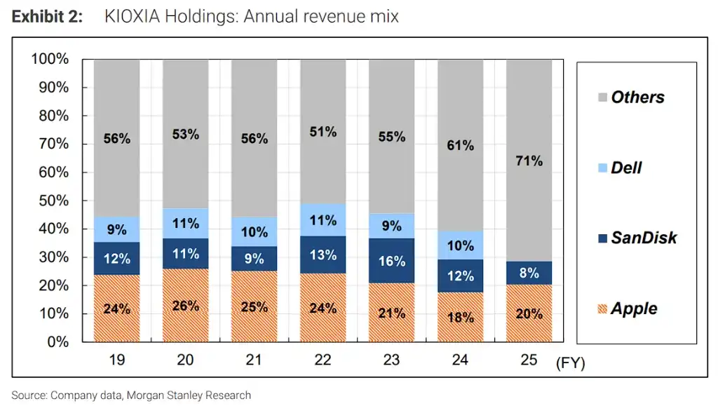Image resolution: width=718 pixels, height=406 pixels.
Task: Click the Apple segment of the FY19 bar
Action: pos(117,308)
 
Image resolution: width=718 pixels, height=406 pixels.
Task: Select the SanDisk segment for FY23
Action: pos(391,260)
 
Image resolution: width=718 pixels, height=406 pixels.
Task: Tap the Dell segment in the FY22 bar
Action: pos(323,220)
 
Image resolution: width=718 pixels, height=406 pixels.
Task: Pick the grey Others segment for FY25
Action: pos(529,161)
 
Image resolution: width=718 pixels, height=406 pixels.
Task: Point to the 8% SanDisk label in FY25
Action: pos(529,273)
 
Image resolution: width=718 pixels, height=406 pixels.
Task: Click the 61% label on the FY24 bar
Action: pos(460,146)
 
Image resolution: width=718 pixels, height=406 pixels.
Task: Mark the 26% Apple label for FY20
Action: pos(185,306)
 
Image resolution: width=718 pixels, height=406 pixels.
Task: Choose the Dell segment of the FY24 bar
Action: pos(460,245)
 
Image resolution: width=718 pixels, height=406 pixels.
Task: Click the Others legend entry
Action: pos(631,97)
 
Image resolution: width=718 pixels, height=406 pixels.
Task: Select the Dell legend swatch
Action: pos(602,168)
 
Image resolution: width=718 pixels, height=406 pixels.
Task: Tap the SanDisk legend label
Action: pos(644,238)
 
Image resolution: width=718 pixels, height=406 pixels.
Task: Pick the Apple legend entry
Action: pos(628,309)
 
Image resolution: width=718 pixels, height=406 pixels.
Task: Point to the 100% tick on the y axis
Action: pos(50,59)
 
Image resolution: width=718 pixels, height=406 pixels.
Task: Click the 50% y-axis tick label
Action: pos(53,201)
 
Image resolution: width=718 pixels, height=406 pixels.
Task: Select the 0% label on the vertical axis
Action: pos(57,341)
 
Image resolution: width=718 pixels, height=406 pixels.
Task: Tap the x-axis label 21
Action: pos(254,360)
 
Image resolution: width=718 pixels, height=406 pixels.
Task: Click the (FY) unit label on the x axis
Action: pos(571,363)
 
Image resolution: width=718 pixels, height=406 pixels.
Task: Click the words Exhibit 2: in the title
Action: pos(47,16)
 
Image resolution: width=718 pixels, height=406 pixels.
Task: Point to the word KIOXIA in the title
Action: pos(133,16)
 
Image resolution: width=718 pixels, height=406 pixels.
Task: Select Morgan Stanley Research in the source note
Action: pos(189,395)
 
